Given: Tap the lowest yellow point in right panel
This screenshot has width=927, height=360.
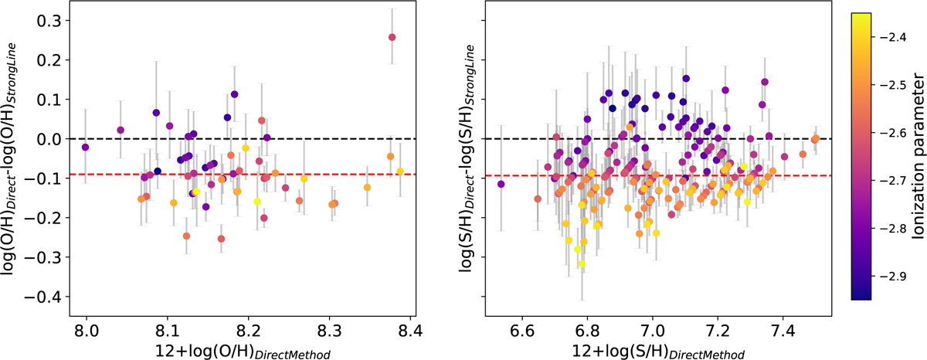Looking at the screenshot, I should coord(582,263).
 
